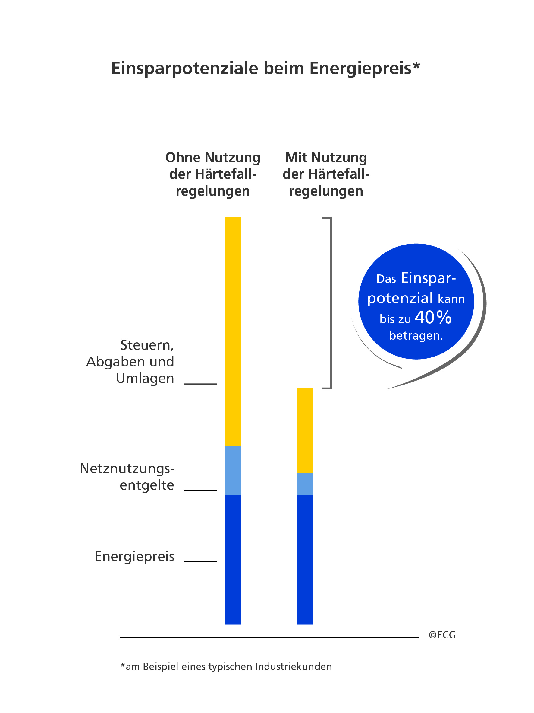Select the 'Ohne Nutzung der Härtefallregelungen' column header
pos(212,174)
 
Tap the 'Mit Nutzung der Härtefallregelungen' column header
pos(326,174)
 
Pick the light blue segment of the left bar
pos(233,470)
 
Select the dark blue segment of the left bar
pos(233,559)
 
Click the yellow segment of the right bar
pos(305,430)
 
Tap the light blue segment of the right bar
pos(305,484)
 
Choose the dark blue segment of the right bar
pos(305,559)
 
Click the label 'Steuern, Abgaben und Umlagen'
pos(130,361)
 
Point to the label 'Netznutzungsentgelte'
pos(127,476)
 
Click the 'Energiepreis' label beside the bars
pos(134,556)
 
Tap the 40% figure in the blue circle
pos(433,318)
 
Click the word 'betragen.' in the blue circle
pos(416,336)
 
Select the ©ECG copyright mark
pos(442,635)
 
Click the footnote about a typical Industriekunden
pos(226,666)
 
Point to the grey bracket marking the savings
pos(331,303)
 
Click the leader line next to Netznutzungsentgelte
pos(200,490)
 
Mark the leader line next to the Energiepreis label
pos(200,561)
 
